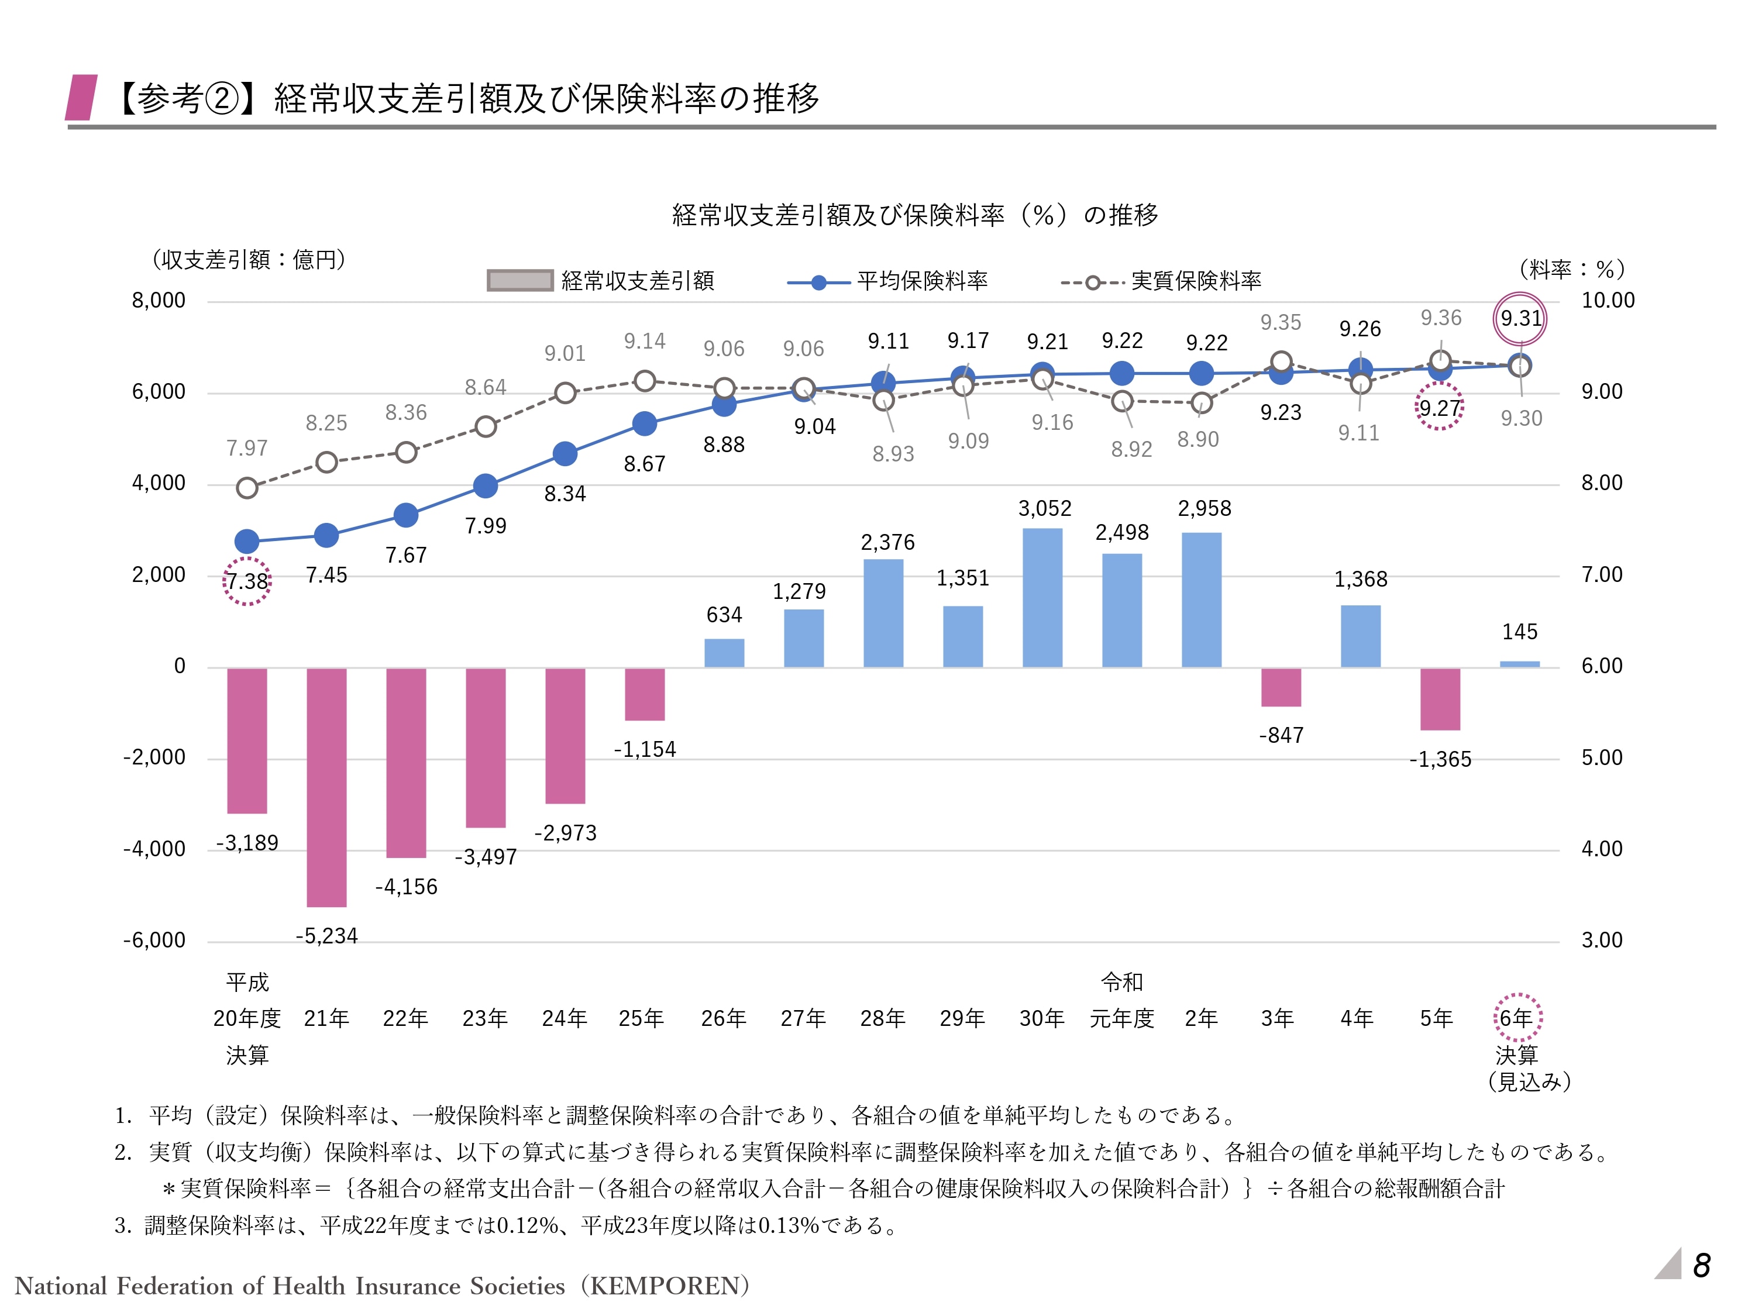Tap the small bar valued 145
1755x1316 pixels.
click(1519, 664)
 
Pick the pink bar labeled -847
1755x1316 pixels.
click(1281, 687)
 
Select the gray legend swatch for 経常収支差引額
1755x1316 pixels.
click(519, 281)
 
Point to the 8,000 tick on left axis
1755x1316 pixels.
click(159, 301)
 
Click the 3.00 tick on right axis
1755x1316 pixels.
click(1601, 941)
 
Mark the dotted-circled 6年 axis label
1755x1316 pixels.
click(1516, 1018)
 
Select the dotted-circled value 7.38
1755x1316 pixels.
click(247, 581)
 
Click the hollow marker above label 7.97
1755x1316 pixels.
click(247, 488)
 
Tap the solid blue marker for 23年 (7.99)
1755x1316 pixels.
click(485, 485)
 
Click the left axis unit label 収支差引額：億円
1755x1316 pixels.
click(249, 259)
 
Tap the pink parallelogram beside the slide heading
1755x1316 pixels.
click(82, 98)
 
